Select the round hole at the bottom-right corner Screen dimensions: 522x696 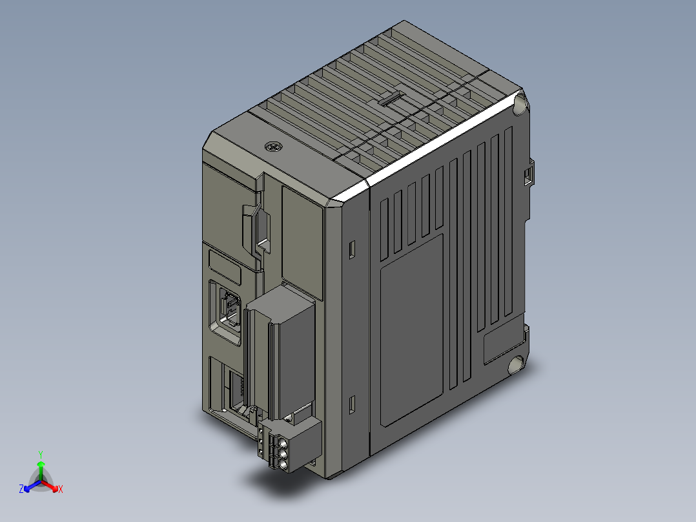[x=516, y=365]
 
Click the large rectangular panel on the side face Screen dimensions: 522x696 [x=412, y=329]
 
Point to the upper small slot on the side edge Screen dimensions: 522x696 [x=352, y=249]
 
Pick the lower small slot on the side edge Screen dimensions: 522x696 [x=352, y=404]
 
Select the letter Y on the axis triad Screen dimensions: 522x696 [x=40, y=454]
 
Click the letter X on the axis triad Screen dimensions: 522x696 [x=61, y=490]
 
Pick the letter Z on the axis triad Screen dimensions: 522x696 [x=21, y=490]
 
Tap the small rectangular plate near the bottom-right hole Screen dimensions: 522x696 [x=502, y=342]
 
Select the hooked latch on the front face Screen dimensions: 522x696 [x=257, y=226]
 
